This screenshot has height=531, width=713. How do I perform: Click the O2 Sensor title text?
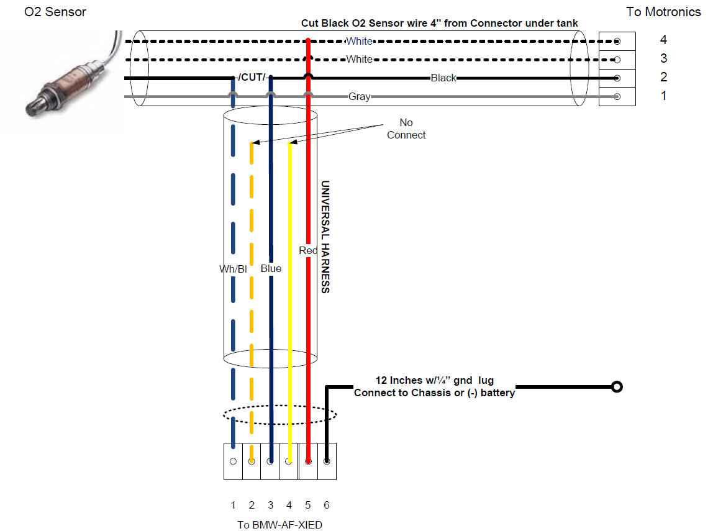point(55,12)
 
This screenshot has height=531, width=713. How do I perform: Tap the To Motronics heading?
point(663,12)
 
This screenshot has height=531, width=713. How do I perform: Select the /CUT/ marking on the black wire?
point(252,78)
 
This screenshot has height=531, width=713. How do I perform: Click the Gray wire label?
point(359,97)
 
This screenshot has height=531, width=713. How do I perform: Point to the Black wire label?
point(443,78)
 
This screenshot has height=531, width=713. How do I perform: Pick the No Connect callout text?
point(406,129)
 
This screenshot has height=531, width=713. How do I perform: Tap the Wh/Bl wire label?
point(233,270)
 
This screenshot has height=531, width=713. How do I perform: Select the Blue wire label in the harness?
point(271,269)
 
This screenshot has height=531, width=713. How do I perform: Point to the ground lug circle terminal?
point(616,387)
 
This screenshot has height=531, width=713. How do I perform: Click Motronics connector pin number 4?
point(663,40)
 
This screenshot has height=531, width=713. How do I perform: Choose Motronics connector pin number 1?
point(663,96)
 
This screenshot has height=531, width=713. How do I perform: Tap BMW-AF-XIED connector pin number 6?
point(327,506)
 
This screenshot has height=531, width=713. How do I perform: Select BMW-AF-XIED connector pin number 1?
point(233,506)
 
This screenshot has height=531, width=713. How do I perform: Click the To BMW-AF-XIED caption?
point(279,525)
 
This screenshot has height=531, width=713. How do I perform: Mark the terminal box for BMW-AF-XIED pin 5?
point(308,461)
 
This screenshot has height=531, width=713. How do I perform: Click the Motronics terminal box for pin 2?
point(617,78)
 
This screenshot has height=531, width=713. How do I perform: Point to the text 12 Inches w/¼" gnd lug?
point(434,380)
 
